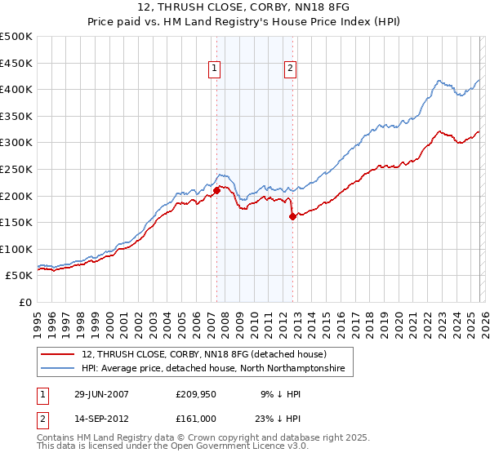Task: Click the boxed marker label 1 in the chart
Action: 214,69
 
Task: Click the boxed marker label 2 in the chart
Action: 290,69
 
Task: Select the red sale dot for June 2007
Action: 217,191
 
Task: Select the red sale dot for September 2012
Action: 292,216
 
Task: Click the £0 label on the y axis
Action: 24,302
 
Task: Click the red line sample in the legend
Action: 59,355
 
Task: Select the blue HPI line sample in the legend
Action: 59,370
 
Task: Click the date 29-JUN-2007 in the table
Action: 102,393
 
